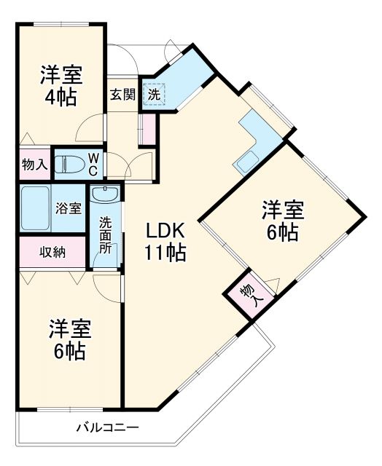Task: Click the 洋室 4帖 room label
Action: point(61,85)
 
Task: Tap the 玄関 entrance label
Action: point(122,94)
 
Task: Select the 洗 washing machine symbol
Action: point(154,94)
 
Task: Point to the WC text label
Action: point(95,163)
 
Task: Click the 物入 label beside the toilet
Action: point(34,165)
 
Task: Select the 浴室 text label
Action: point(69,208)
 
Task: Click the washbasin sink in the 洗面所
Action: point(106,194)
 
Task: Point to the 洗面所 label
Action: point(106,234)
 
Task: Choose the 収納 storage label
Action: point(52,253)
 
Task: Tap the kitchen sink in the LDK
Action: point(244,162)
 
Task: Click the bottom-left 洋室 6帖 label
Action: point(70,339)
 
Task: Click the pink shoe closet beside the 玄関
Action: point(148,127)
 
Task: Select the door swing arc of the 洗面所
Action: point(106,284)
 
